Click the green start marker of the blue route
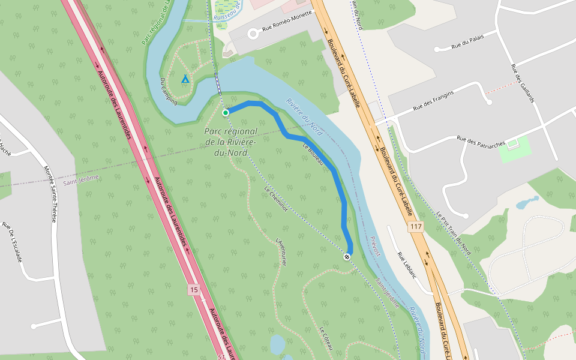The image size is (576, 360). tap(226, 112)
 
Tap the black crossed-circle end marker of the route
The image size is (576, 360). tap(347, 257)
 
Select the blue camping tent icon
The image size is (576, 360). tap(185, 79)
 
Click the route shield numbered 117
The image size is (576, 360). tap(415, 226)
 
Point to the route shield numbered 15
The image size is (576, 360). tap(193, 290)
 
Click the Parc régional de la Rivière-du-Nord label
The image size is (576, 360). tap(230, 142)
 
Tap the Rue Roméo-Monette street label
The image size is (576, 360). tap(287, 21)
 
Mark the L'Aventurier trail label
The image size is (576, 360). tap(281, 251)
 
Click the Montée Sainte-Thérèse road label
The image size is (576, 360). tap(50, 194)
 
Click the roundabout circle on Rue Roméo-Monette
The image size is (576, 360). tap(253, 34)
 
